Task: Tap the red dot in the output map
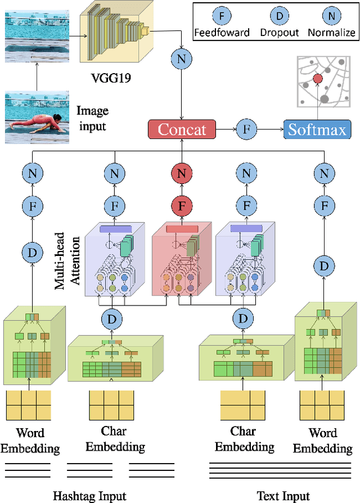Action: coord(318,80)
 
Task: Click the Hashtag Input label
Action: coord(89,496)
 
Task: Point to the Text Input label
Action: coord(283,496)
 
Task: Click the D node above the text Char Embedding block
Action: coord(244,319)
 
